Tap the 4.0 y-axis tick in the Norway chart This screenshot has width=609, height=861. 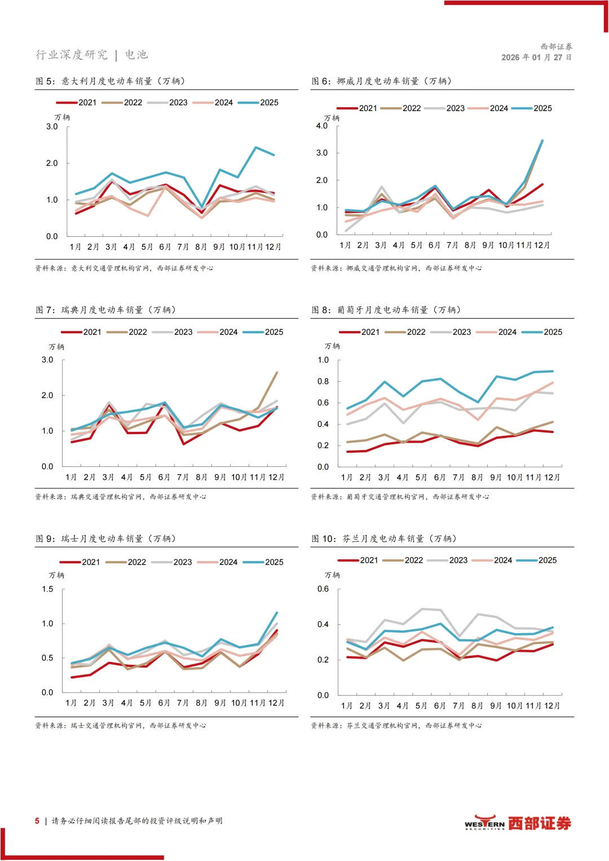click(x=321, y=126)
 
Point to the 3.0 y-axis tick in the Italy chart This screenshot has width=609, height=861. click(x=52, y=127)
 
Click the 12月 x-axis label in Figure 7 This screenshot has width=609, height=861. click(x=276, y=478)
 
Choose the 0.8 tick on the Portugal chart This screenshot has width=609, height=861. click(x=323, y=382)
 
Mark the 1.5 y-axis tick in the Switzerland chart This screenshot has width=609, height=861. click(x=47, y=589)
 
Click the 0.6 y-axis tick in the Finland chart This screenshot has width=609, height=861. click(x=323, y=589)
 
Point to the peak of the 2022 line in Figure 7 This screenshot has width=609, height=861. click(x=277, y=372)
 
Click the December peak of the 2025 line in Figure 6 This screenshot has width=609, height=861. click(x=542, y=140)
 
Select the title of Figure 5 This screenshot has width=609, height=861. click(x=111, y=81)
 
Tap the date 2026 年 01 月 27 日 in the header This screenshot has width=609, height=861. click(x=536, y=58)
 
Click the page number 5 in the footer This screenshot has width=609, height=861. click(x=37, y=821)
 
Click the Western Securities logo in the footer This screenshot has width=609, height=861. click(x=518, y=823)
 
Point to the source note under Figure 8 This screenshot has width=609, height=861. click(x=400, y=497)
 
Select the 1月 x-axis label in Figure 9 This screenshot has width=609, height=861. click(x=71, y=703)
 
